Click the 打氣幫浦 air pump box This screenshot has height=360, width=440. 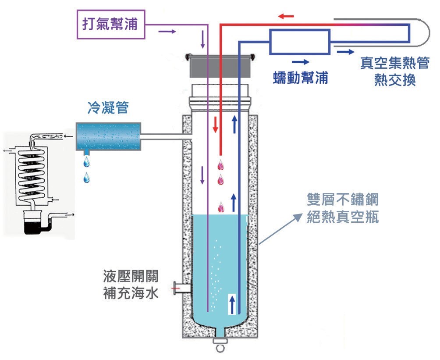(110, 25)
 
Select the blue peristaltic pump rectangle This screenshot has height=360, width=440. (300, 42)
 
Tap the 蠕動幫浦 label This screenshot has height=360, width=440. (300, 78)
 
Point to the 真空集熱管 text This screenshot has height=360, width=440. (394, 63)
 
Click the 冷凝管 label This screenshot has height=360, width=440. (108, 107)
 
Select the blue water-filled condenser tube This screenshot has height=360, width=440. (108, 137)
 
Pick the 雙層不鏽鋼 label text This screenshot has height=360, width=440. (343, 200)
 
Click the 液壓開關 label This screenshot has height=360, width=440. (131, 276)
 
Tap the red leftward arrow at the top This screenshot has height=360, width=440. (286, 16)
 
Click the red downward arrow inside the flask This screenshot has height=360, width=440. (215, 125)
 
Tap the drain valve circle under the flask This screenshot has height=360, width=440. (220, 349)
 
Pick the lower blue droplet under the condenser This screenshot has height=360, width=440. (87, 178)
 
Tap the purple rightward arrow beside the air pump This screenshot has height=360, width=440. (167, 31)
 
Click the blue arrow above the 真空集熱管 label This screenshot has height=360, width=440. (345, 52)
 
